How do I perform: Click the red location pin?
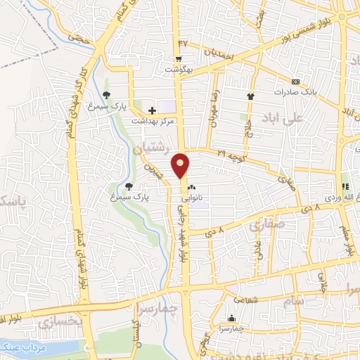tap(181, 165)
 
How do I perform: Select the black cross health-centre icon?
tap(153, 110)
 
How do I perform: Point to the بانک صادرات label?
tap(296, 92)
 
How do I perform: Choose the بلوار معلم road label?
tap(347, 239)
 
